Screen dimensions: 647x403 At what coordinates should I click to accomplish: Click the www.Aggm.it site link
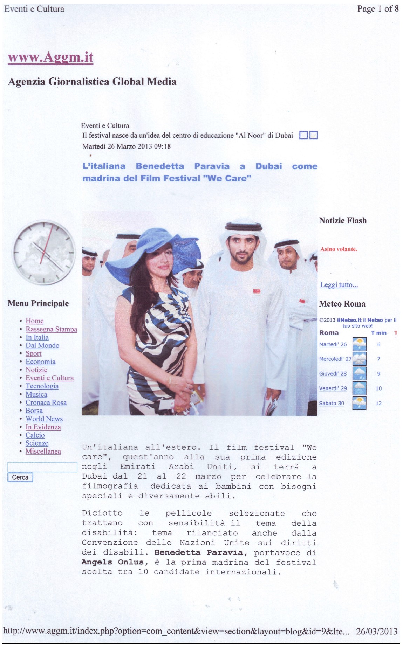(50, 57)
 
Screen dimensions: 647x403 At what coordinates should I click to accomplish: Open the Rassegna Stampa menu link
(51, 329)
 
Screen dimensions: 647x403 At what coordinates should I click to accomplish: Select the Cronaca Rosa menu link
(46, 403)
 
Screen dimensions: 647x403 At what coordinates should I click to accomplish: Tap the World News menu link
(44, 419)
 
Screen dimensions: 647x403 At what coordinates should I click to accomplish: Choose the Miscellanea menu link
(43, 452)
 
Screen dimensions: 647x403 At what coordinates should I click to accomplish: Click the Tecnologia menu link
(42, 386)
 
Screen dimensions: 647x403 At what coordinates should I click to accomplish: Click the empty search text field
(42, 467)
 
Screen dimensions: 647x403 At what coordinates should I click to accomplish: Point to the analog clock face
(44, 252)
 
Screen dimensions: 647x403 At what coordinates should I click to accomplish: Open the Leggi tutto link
(339, 285)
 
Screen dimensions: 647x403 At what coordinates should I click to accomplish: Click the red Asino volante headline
(339, 249)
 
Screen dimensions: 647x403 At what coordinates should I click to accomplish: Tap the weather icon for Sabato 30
(359, 403)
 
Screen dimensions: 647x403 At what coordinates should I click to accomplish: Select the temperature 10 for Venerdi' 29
(378, 388)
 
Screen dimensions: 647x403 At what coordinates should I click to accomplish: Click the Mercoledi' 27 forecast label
(335, 359)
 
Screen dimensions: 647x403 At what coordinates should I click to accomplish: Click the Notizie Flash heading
(342, 221)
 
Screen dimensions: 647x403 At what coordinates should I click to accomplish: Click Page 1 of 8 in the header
(378, 9)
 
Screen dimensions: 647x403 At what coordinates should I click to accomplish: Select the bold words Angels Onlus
(112, 562)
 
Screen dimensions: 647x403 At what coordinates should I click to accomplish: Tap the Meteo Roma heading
(342, 304)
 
